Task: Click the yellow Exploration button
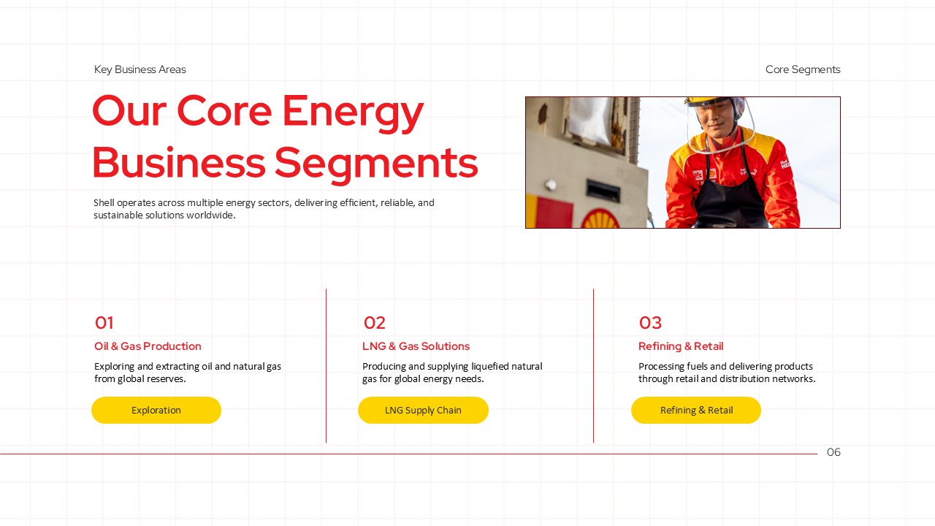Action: click(156, 411)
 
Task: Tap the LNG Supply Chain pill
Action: click(423, 411)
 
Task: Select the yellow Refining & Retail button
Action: click(696, 411)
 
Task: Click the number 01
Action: click(104, 323)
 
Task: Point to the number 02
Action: click(374, 323)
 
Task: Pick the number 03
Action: click(650, 323)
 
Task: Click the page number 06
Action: click(833, 452)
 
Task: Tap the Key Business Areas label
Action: click(140, 69)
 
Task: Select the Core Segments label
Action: click(803, 69)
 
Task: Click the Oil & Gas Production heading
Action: click(148, 346)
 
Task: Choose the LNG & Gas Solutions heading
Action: click(416, 346)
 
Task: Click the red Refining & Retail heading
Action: click(681, 346)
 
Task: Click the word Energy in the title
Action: click(353, 112)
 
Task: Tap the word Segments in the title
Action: click(375, 163)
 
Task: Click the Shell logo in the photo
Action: click(600, 219)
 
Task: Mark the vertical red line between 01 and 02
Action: click(326, 365)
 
